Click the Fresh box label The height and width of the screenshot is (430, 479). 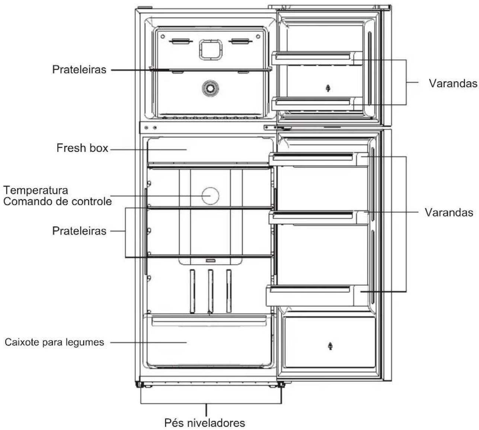82,148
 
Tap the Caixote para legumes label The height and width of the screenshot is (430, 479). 54,342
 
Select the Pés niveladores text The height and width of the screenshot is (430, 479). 205,423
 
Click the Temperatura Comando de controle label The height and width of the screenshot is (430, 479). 57,196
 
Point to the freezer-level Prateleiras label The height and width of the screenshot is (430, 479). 79,70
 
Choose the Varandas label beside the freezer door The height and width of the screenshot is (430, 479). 453,83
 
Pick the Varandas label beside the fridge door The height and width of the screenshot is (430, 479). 449,212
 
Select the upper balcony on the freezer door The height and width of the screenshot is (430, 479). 317,58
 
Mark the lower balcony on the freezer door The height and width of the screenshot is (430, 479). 317,104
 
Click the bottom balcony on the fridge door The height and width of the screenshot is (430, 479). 317,295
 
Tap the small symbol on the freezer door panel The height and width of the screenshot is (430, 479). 328,88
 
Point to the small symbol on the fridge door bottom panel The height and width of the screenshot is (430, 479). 330,346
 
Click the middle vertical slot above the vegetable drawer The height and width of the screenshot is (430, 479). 210,291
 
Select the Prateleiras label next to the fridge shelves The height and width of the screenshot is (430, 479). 79,231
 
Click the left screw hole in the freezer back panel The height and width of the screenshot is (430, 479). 163,37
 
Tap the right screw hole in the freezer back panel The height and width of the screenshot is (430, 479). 258,37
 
